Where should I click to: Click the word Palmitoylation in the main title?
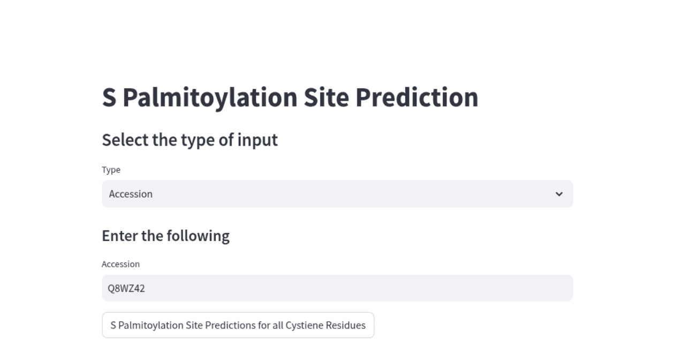209,98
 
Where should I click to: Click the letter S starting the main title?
109,98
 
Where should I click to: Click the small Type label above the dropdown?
111,170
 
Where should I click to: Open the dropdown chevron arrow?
559,194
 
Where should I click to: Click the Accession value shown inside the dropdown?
131,194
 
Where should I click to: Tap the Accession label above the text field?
120,264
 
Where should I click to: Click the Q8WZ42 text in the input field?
126,288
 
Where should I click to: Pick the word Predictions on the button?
230,325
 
